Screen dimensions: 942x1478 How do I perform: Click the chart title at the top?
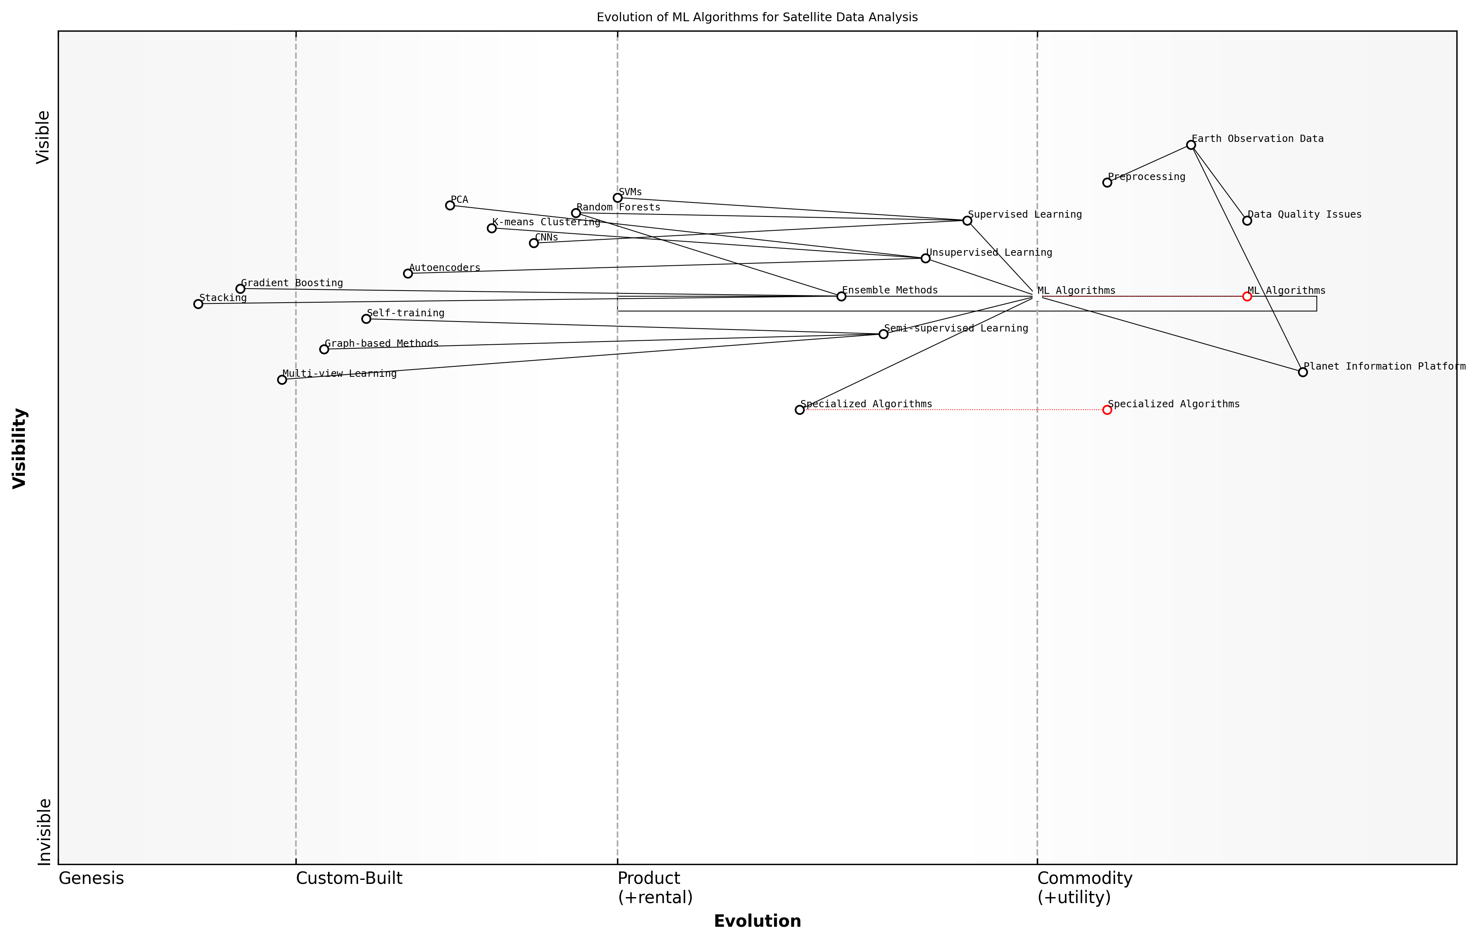pyautogui.click(x=757, y=17)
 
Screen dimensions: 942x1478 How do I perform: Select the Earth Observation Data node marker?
pyautogui.click(x=1191, y=145)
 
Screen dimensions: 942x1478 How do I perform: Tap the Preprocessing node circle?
pyautogui.click(x=1107, y=182)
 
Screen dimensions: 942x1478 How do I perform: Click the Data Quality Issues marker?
pyautogui.click(x=1247, y=220)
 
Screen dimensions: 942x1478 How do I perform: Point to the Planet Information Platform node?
pyautogui.click(x=1302, y=372)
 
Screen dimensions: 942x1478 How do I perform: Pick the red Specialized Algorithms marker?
pyautogui.click(x=1107, y=410)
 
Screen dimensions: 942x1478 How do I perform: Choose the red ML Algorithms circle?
pyautogui.click(x=1247, y=296)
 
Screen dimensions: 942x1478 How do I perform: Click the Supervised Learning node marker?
pyautogui.click(x=967, y=220)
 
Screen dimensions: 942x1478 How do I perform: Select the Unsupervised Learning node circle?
pyautogui.click(x=925, y=259)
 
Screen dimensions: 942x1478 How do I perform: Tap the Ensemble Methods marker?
pyautogui.click(x=841, y=296)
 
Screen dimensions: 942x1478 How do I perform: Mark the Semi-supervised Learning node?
pyautogui.click(x=883, y=334)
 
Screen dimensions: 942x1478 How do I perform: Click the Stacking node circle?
pyautogui.click(x=198, y=304)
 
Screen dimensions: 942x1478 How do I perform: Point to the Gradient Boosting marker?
pyautogui.click(x=240, y=289)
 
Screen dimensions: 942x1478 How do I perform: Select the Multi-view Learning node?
pyautogui.click(x=282, y=380)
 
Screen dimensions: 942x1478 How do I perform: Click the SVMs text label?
pyautogui.click(x=630, y=192)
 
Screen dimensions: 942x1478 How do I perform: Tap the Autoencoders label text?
pyautogui.click(x=444, y=267)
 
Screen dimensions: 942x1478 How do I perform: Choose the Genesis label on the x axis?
pyautogui.click(x=91, y=878)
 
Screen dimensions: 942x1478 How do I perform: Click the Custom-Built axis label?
pyautogui.click(x=348, y=878)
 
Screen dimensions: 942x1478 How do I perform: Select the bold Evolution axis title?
pyautogui.click(x=757, y=921)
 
